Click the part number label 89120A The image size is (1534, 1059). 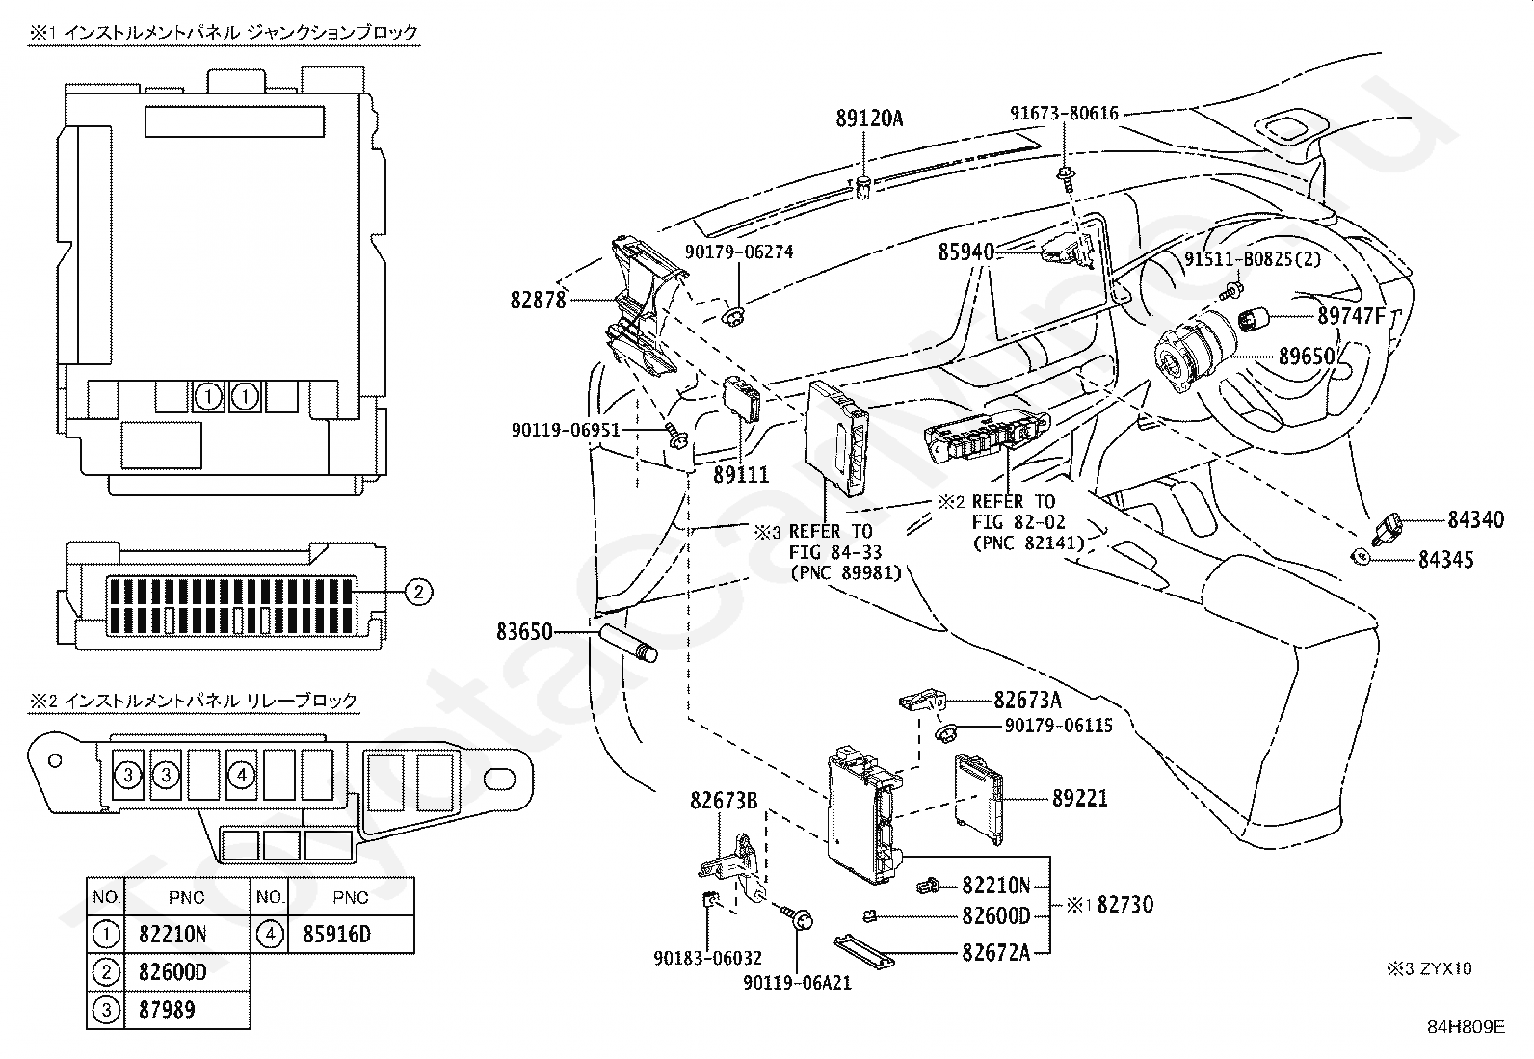(868, 119)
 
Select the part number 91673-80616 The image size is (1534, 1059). (1064, 114)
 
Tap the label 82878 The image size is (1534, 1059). (538, 300)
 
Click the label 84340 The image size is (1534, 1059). (1474, 520)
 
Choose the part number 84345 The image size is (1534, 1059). (1444, 559)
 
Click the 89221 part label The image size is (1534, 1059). (1079, 799)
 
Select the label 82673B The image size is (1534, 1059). (723, 800)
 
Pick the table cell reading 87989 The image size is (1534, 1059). (167, 1010)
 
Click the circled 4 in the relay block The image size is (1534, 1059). (242, 774)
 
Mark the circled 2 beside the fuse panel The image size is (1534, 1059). (418, 592)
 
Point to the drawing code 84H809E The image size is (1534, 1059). (1466, 1026)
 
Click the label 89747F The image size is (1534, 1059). (1351, 315)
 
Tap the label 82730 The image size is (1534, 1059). (1124, 905)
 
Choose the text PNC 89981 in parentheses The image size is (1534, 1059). (845, 572)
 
